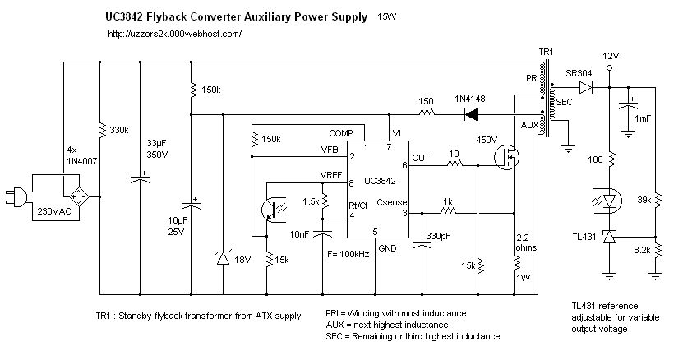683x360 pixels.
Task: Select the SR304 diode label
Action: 579,72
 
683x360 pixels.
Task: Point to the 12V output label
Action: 609,56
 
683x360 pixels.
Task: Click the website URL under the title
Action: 173,34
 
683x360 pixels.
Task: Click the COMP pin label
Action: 341,132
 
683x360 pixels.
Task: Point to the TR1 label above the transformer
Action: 546,52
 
